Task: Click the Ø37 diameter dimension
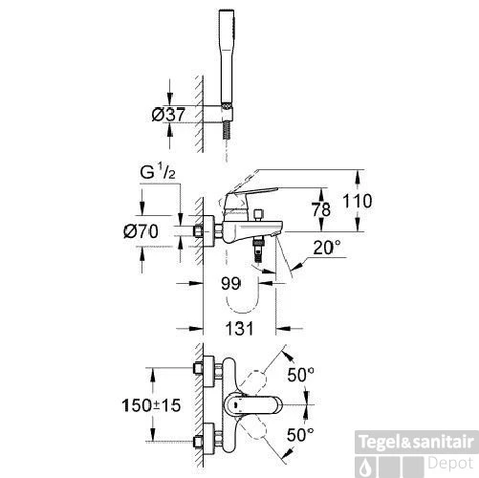point(168,115)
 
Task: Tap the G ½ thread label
point(158,173)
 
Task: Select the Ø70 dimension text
point(141,231)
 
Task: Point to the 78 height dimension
point(321,209)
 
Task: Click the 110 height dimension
point(357,201)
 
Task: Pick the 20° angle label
point(327,248)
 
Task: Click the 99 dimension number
point(230,283)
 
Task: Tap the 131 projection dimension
point(239,329)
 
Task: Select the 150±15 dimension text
point(151,405)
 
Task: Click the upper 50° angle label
point(300,375)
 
